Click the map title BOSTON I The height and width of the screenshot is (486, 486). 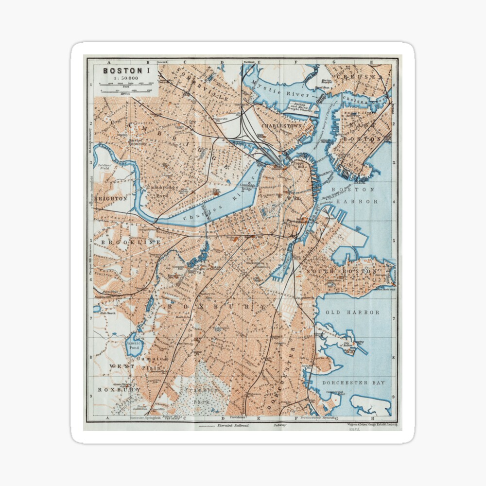[126, 70]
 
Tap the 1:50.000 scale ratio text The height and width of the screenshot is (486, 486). [126, 78]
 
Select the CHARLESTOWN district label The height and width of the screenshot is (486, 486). [281, 125]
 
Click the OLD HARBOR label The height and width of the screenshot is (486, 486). [352, 312]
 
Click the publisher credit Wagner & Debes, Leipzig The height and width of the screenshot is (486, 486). [372, 425]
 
